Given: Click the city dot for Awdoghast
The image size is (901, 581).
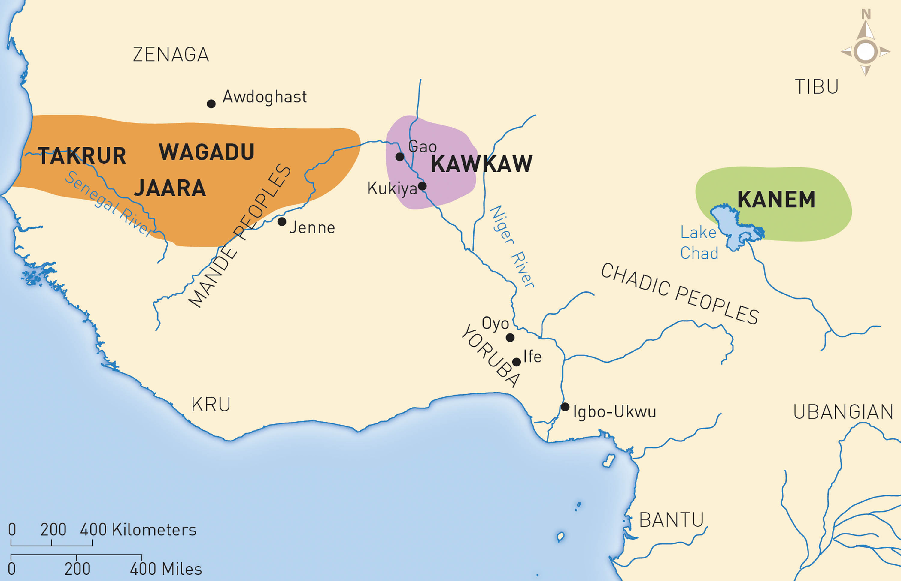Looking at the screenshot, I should coord(211,104).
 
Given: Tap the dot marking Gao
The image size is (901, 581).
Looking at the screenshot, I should coord(400,157).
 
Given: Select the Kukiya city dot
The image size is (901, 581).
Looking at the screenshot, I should coord(422,186).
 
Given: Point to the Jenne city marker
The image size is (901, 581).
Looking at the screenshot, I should coord(282,221).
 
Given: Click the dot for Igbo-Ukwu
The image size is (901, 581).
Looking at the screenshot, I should coord(565,407).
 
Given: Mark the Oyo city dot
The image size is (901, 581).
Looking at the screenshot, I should coord(510,337).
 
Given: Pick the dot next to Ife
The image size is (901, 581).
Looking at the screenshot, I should coord(516,362).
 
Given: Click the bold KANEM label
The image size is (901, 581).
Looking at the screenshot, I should coord(776,200).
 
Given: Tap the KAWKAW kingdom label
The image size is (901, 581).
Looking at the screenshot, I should coord(481,164).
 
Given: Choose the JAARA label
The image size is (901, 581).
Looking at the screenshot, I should coord(170,188).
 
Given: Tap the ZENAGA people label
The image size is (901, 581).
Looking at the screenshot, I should coord(171,55).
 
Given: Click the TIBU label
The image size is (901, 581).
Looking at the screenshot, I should coord(816,87).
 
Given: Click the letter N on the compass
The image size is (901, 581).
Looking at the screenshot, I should coord(866,14).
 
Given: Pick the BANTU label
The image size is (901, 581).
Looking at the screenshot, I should coord(671,520).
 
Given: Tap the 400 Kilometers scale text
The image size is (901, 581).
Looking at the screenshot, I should coord(138,530).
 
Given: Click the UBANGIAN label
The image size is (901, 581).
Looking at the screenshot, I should coord(843,412).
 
